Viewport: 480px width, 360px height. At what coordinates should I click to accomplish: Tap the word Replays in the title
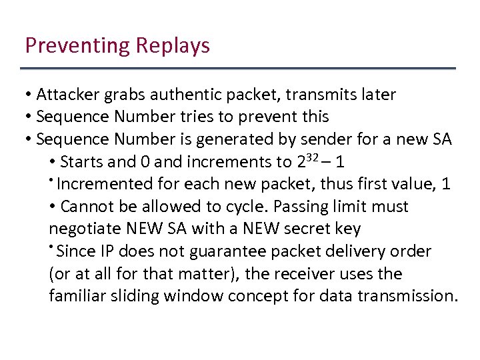click(x=173, y=46)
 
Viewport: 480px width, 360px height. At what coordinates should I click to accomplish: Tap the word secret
click(x=307, y=229)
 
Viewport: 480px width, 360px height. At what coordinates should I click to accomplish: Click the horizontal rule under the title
click(x=238, y=69)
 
